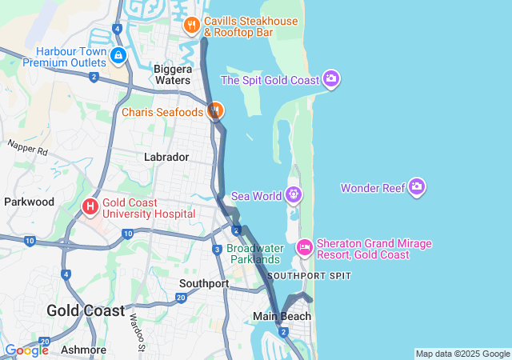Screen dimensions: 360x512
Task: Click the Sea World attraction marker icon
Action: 294,194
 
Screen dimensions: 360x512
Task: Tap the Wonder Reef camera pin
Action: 416,188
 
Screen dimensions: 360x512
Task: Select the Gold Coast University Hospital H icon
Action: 90,207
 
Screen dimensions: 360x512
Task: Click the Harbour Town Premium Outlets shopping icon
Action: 118,55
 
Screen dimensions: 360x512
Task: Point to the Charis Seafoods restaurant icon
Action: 214,111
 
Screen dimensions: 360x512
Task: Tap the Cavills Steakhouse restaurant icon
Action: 191,26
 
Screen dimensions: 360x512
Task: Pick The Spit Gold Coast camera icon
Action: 331,79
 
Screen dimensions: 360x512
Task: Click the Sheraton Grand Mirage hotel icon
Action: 304,248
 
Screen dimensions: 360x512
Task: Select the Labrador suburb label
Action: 166,157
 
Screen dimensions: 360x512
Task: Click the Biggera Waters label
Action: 173,74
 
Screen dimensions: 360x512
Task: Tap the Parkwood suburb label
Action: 29,202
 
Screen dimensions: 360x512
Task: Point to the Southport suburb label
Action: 204,283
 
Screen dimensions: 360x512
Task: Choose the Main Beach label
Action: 282,316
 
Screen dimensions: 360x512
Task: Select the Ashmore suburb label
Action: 83,350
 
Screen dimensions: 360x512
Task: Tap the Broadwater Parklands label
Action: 254,253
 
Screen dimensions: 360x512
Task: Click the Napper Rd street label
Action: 28,148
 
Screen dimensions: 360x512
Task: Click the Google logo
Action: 26,350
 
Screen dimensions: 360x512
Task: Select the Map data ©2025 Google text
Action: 462,354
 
